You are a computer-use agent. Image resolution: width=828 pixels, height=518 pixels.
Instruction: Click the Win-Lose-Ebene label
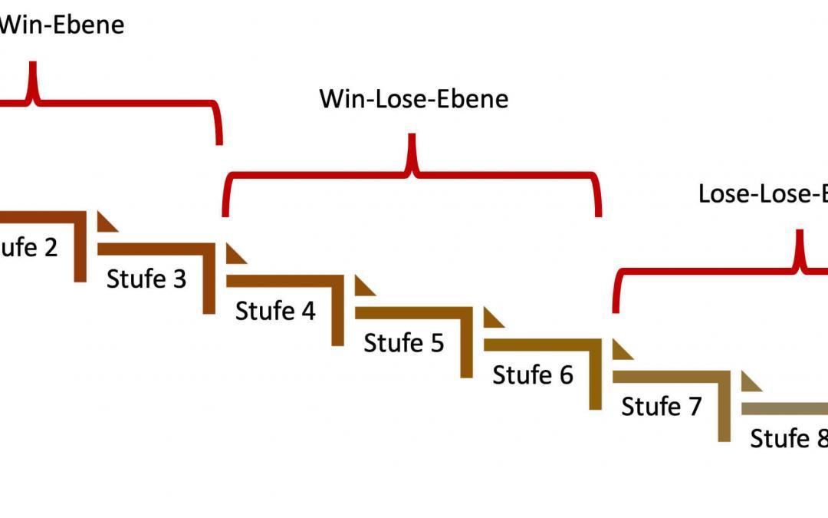click(x=413, y=99)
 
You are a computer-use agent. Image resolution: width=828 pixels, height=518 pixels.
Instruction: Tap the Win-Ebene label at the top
click(x=61, y=24)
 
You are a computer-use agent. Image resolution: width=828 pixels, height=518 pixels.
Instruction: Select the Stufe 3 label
click(x=146, y=279)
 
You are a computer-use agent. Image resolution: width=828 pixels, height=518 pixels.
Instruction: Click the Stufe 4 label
click(x=275, y=311)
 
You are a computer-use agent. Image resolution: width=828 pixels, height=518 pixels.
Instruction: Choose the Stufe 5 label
click(x=404, y=342)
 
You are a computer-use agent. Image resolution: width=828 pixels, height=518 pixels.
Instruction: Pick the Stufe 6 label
click(x=533, y=374)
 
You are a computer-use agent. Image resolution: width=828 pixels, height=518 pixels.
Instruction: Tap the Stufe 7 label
click(x=662, y=406)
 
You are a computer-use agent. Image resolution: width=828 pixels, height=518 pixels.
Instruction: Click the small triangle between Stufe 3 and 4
click(x=235, y=253)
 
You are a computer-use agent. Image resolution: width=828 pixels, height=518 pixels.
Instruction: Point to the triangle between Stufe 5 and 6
click(x=492, y=317)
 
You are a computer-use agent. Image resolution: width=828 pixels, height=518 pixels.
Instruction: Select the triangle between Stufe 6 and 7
click(x=621, y=349)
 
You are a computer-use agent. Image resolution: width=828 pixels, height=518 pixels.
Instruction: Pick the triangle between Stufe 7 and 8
click(x=750, y=381)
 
